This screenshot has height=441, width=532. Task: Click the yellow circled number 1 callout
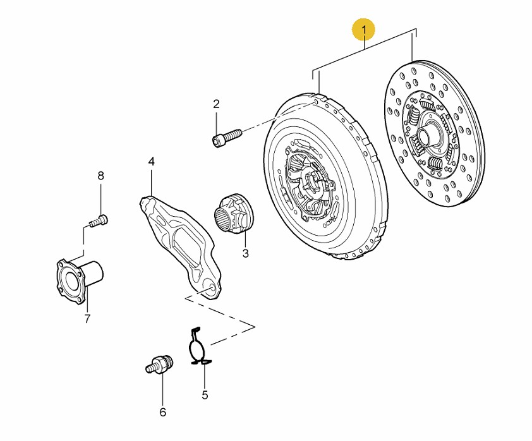coord(364,29)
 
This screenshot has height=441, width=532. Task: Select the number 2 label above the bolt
coord(216,104)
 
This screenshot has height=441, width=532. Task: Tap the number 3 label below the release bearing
coord(245,253)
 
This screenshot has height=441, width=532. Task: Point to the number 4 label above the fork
coord(151,162)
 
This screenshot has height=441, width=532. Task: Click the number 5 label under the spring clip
coord(205,396)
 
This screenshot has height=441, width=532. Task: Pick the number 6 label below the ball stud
coord(162,413)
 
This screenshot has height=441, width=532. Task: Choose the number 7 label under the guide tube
coord(87,318)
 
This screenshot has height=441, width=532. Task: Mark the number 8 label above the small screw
coord(100,175)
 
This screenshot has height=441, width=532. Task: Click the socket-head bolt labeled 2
coord(228,136)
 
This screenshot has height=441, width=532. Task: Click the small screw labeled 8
coord(98,220)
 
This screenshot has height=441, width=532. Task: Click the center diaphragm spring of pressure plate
coord(306,183)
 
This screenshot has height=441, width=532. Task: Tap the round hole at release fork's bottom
coord(209,287)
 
